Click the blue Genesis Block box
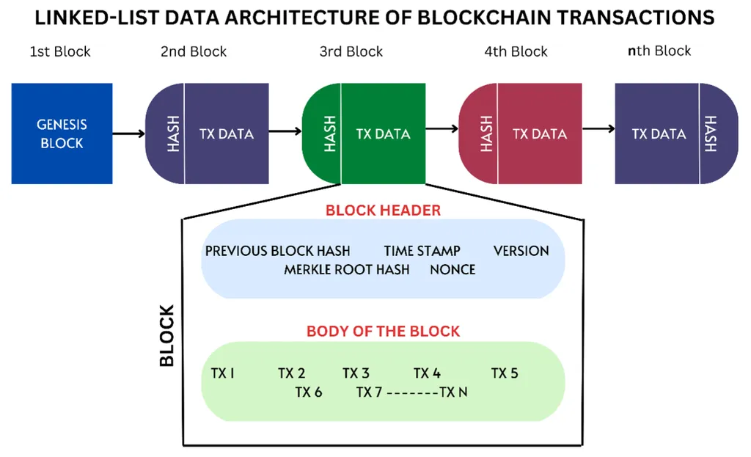pyautogui.click(x=62, y=134)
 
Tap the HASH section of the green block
pyautogui.click(x=322, y=134)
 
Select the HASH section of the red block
pyautogui.click(x=478, y=134)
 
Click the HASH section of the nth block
pyautogui.click(x=719, y=134)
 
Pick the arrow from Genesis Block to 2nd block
pyautogui.click(x=129, y=134)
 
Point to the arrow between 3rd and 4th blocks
pyautogui.click(x=442, y=128)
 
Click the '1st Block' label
pyautogui.click(x=60, y=52)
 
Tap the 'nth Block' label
pyautogui.click(x=659, y=51)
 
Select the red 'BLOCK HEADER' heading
pyautogui.click(x=383, y=211)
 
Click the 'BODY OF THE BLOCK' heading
pyautogui.click(x=383, y=331)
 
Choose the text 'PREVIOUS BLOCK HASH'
pyautogui.click(x=277, y=251)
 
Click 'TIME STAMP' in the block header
pyautogui.click(x=422, y=251)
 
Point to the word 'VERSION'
pyautogui.click(x=521, y=251)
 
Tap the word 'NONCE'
pyautogui.click(x=453, y=270)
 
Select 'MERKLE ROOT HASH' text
pyautogui.click(x=347, y=270)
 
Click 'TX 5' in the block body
pyautogui.click(x=505, y=373)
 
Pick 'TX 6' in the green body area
pyautogui.click(x=309, y=392)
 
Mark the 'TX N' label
pyautogui.click(x=453, y=392)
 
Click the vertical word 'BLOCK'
pyautogui.click(x=166, y=336)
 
